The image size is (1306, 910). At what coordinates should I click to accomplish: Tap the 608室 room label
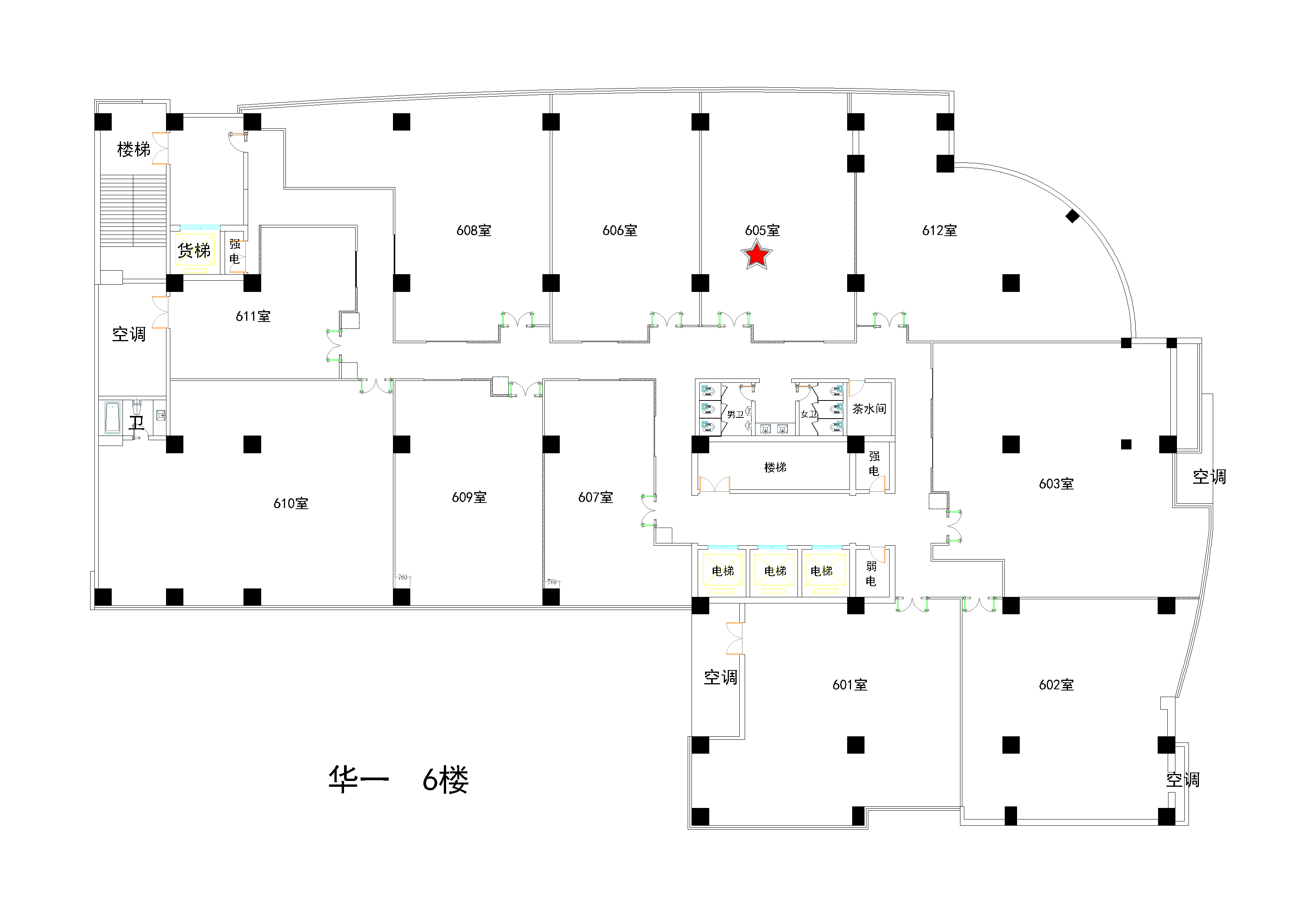coord(474,230)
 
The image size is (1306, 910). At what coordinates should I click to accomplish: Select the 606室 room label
coord(620,230)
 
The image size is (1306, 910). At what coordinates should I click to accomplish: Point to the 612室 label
coord(940,230)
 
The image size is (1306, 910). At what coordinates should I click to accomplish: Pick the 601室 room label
coord(850,685)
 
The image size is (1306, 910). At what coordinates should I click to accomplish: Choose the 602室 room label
coord(1056,685)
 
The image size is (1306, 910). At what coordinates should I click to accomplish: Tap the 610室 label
coord(290,503)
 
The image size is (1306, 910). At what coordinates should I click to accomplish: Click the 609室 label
coord(469,498)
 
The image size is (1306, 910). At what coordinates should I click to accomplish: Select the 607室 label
coord(596,498)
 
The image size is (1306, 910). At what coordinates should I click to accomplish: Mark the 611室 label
coord(253,316)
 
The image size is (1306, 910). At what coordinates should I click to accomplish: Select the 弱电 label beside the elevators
coord(871,573)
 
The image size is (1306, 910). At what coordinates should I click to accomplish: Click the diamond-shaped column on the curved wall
coord(1072,216)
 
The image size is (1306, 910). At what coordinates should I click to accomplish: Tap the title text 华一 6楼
coord(398,779)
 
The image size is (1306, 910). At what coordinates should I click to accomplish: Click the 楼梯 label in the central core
coord(775,468)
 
